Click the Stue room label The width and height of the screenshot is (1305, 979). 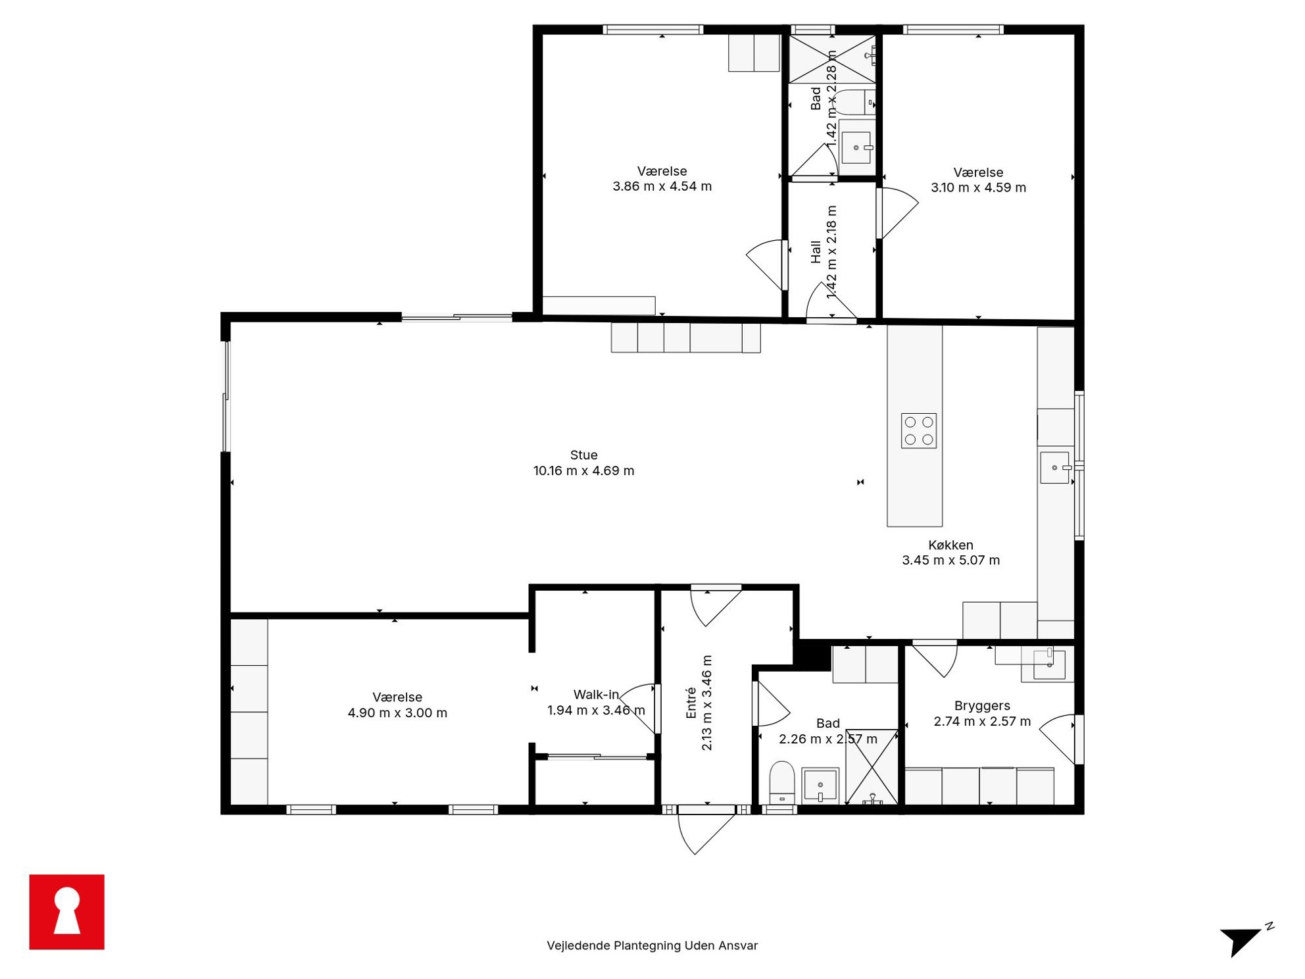(x=583, y=455)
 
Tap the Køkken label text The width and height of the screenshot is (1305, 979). (x=950, y=545)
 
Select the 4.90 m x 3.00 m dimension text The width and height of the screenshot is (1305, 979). (x=397, y=713)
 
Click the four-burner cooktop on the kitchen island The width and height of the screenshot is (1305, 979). (x=919, y=431)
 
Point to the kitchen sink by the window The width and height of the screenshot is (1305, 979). (x=1054, y=468)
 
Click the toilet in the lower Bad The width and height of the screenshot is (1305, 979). (x=782, y=782)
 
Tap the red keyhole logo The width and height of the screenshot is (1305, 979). (x=66, y=911)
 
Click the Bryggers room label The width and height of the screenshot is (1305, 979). (x=982, y=706)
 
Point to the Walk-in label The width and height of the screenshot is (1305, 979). (x=596, y=695)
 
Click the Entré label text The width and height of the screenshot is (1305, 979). (x=691, y=703)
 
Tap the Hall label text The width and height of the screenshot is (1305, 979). (x=816, y=252)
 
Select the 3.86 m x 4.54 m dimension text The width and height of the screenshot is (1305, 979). (x=662, y=186)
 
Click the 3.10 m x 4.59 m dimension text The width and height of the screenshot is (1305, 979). (x=978, y=188)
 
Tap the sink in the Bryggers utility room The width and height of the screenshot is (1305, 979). (x=1049, y=663)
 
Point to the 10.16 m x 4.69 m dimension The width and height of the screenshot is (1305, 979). (x=583, y=470)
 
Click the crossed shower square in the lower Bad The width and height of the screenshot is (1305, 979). (x=872, y=766)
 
